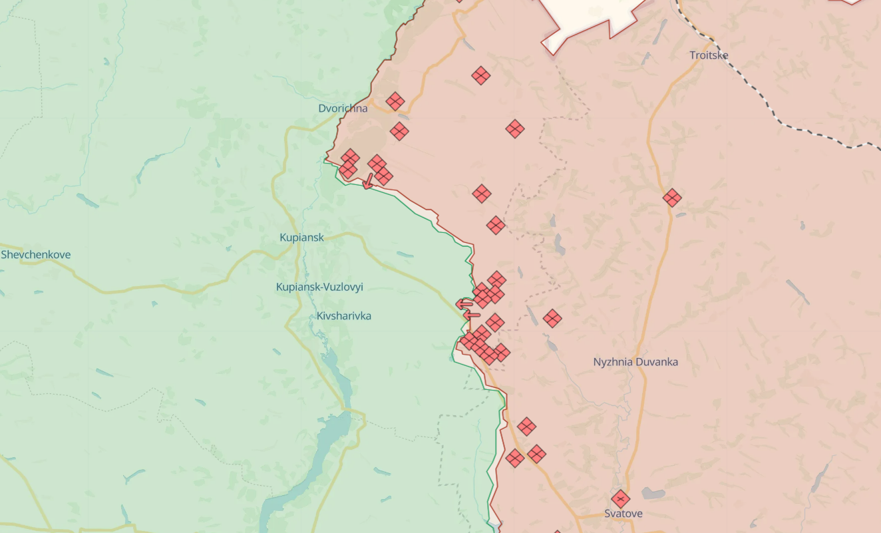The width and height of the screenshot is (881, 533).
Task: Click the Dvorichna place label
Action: click(x=343, y=108)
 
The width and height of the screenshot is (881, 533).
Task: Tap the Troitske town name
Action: click(x=709, y=55)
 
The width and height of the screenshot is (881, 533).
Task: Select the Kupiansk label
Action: click(x=301, y=238)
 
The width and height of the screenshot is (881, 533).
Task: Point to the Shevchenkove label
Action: click(x=36, y=255)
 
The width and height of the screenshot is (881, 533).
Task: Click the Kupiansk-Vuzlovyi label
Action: click(x=319, y=287)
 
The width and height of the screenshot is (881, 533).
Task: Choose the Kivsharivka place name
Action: click(x=344, y=315)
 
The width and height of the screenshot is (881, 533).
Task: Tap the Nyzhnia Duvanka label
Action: click(x=635, y=362)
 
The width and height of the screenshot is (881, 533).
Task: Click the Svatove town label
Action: click(x=623, y=514)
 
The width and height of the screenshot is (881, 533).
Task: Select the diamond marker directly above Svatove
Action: click(x=620, y=498)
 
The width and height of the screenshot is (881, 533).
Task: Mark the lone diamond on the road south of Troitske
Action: click(x=672, y=198)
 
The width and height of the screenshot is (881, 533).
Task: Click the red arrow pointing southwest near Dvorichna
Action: click(x=368, y=182)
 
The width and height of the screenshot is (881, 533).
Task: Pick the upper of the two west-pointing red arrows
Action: click(x=464, y=304)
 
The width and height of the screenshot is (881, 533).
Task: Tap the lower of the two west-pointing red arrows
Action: click(x=470, y=315)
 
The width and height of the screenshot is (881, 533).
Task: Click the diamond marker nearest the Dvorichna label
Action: click(x=395, y=101)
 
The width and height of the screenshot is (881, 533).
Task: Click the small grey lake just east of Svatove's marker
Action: click(x=653, y=493)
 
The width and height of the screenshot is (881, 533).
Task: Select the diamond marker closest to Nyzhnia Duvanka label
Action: click(x=552, y=318)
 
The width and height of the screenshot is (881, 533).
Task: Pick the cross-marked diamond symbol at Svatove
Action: click(x=620, y=498)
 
